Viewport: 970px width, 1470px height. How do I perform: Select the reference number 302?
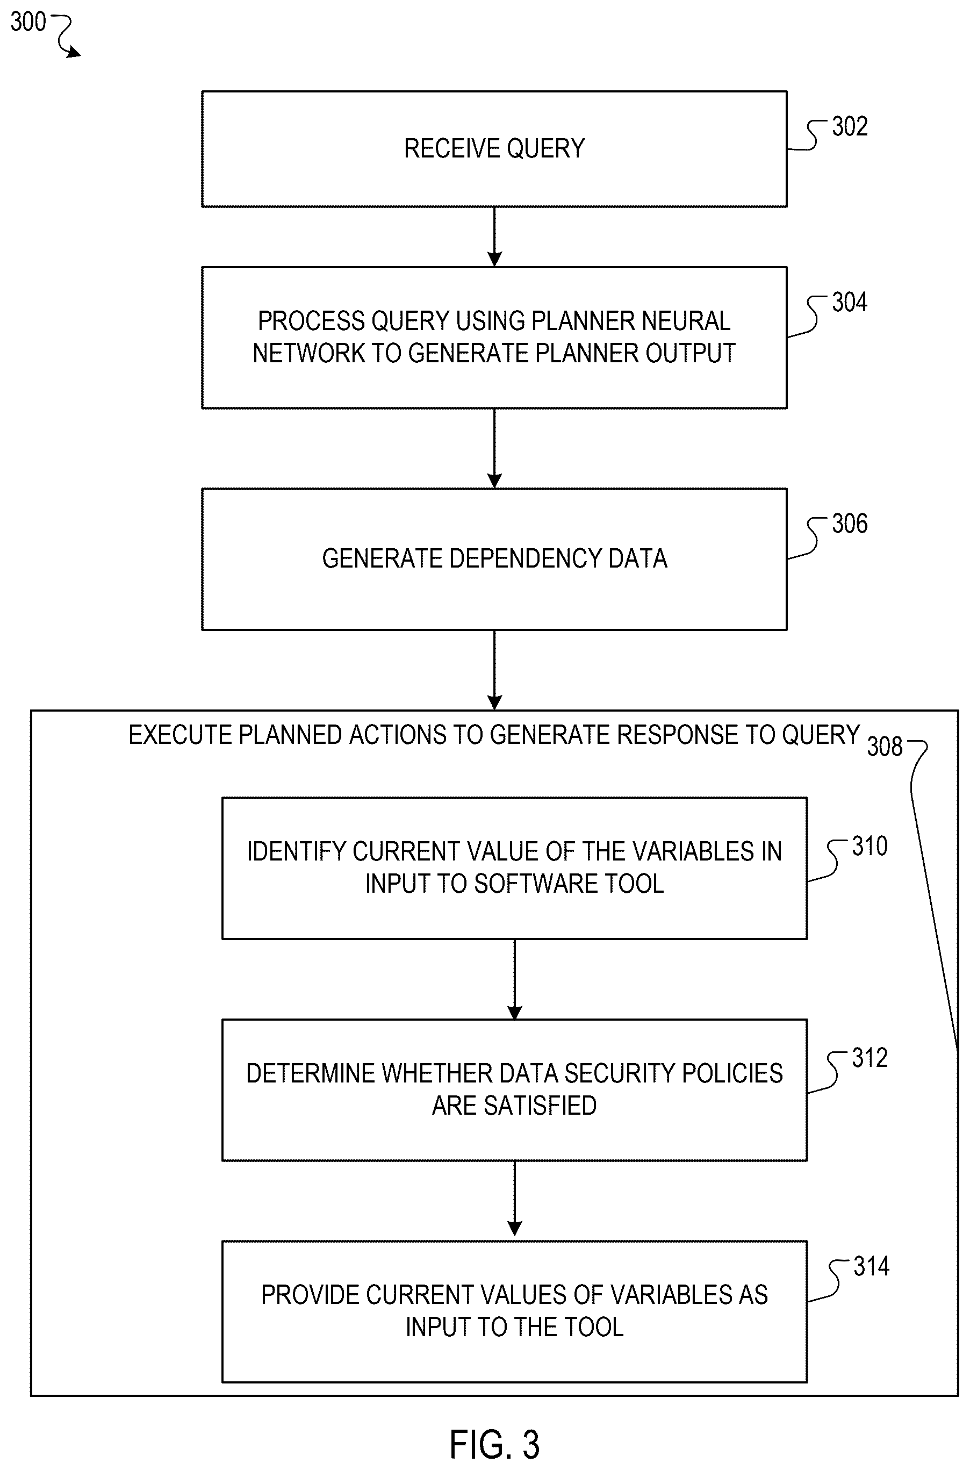click(850, 127)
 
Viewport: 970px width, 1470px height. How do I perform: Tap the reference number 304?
click(850, 303)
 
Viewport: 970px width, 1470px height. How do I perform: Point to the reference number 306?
click(850, 524)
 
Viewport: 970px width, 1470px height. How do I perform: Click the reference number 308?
click(885, 747)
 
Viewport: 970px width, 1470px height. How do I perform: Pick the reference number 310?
click(870, 847)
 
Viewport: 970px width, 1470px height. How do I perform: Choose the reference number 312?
click(870, 1058)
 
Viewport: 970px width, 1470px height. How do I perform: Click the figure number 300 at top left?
click(28, 22)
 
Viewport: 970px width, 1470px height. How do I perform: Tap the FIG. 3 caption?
click(494, 1445)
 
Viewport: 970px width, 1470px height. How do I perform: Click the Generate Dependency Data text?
click(494, 558)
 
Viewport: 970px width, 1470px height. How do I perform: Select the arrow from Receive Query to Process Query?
click(494, 237)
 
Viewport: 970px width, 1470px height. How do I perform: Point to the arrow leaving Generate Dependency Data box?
click(494, 670)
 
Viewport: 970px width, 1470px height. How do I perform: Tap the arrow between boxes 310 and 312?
click(515, 979)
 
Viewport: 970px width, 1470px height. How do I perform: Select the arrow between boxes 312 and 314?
click(515, 1201)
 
